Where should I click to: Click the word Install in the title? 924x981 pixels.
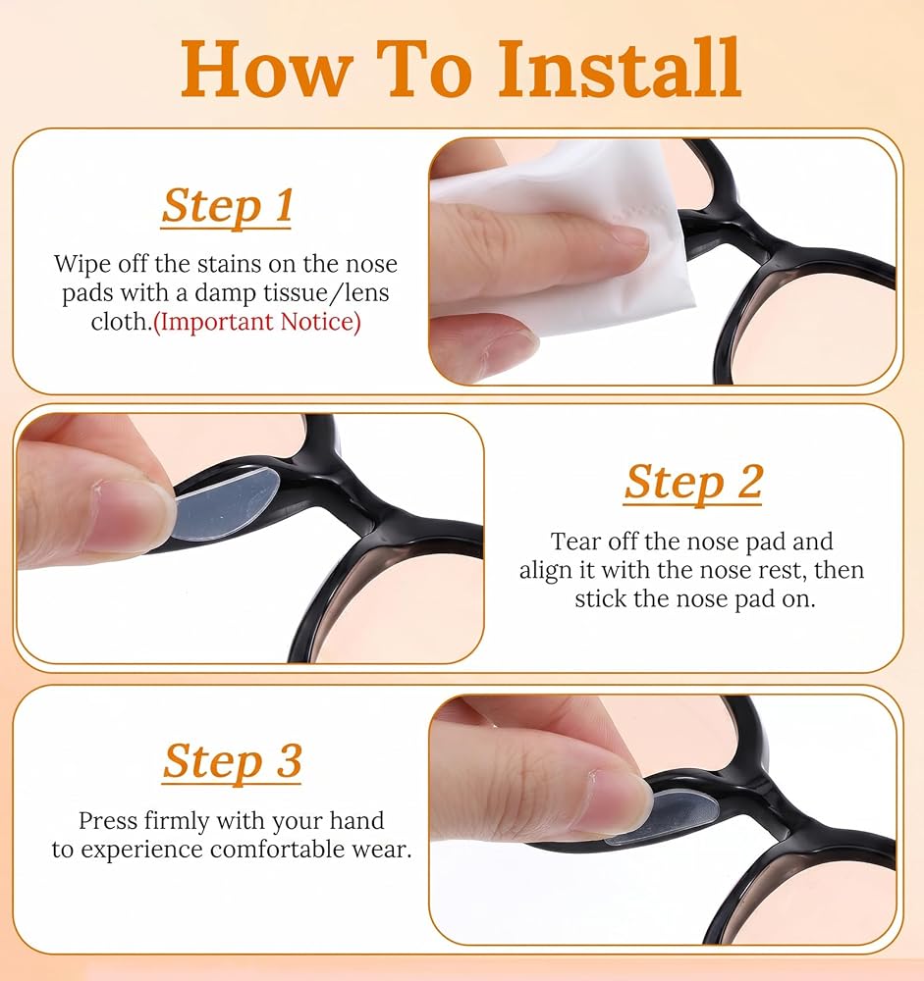pos(620,69)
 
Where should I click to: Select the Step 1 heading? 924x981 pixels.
pos(227,205)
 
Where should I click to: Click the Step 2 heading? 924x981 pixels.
pos(693,482)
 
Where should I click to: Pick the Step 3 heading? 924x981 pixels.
pos(233,761)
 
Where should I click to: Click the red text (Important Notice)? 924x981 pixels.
pos(257,322)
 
